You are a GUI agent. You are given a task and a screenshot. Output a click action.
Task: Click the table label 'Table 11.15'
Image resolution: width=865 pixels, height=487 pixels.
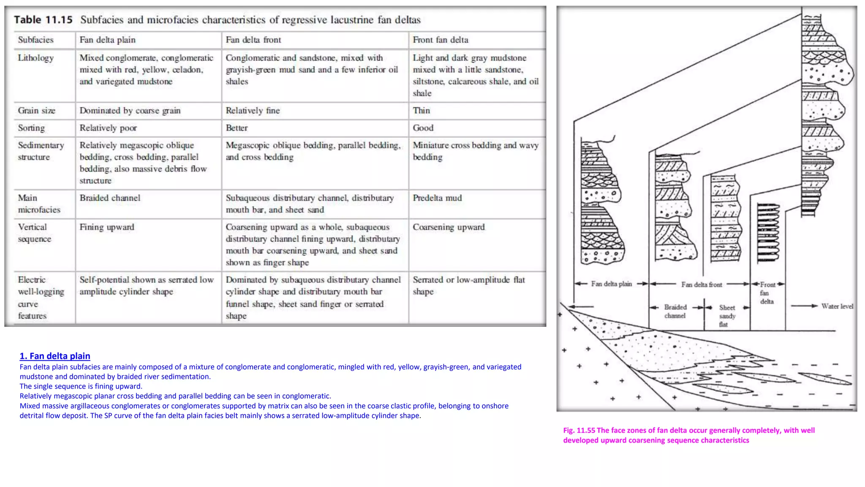click(x=43, y=20)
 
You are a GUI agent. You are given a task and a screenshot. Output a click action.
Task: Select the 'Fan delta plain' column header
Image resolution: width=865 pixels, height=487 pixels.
click(x=107, y=40)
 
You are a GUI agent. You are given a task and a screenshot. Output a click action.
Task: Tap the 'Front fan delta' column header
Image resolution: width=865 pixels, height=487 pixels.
click(x=440, y=40)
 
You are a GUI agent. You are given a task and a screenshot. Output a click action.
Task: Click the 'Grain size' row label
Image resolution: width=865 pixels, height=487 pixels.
click(x=36, y=111)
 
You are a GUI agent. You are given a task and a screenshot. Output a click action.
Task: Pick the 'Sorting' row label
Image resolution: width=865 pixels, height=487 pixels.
click(x=31, y=128)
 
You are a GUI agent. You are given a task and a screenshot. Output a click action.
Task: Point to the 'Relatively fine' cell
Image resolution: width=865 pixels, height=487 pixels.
click(x=253, y=111)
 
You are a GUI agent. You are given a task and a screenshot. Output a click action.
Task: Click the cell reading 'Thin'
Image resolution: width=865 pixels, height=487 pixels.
click(x=421, y=111)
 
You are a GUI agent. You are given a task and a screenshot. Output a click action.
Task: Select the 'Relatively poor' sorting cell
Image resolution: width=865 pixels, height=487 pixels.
click(x=108, y=128)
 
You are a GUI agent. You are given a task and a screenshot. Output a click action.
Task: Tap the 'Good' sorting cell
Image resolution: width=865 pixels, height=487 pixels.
click(x=423, y=128)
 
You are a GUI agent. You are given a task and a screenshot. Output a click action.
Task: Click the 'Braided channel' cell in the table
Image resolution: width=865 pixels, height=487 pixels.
click(x=110, y=198)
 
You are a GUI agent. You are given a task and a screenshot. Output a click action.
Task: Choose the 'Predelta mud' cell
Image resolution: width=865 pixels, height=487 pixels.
click(x=437, y=198)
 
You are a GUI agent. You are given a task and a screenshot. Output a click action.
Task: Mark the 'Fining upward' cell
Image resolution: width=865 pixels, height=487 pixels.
click(x=107, y=227)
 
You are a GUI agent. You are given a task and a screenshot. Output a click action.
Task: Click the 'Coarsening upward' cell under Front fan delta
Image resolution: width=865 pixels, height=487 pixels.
click(x=449, y=227)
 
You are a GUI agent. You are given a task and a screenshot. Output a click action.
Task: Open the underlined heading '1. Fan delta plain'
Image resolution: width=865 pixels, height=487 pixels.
click(x=55, y=356)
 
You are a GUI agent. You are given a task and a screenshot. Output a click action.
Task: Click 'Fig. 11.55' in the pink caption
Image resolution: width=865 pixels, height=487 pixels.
click(x=579, y=430)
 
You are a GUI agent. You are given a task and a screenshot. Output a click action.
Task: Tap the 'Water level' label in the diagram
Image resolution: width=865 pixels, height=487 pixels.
click(x=837, y=306)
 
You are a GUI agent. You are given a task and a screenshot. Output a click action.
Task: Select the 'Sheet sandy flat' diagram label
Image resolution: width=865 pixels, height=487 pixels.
click(x=727, y=316)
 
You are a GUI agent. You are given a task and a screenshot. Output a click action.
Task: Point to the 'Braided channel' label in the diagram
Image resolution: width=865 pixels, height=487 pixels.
click(x=675, y=311)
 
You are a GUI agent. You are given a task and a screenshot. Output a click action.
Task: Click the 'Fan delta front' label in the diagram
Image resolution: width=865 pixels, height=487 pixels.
click(x=702, y=285)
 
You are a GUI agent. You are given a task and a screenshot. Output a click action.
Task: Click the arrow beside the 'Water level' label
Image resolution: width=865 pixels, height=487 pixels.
click(x=805, y=306)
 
